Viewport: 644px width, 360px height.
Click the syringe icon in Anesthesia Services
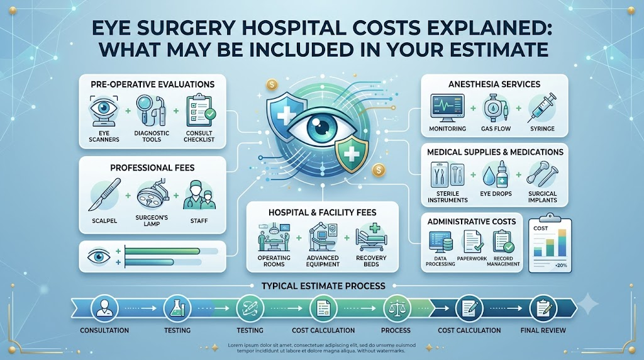click(x=541, y=108)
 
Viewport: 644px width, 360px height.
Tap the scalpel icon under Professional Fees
click(x=104, y=195)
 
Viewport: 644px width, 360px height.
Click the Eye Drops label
click(x=496, y=194)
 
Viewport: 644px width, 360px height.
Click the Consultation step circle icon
click(x=104, y=308)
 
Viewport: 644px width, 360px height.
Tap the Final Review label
click(x=543, y=330)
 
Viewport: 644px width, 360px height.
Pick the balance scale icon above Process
click(x=396, y=308)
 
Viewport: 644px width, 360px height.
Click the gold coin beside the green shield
click(x=379, y=170)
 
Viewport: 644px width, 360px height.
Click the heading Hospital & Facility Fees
click(x=323, y=213)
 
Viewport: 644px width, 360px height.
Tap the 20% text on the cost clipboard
click(x=560, y=266)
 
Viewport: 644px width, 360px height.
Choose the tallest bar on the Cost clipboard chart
click(x=562, y=242)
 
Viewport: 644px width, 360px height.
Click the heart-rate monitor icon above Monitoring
click(x=447, y=108)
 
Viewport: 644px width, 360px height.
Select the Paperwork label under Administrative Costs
click(x=472, y=259)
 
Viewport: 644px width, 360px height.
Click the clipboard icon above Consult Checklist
click(x=200, y=111)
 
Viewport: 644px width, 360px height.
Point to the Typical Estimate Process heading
click(x=323, y=286)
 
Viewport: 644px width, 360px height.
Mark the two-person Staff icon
click(x=199, y=195)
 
